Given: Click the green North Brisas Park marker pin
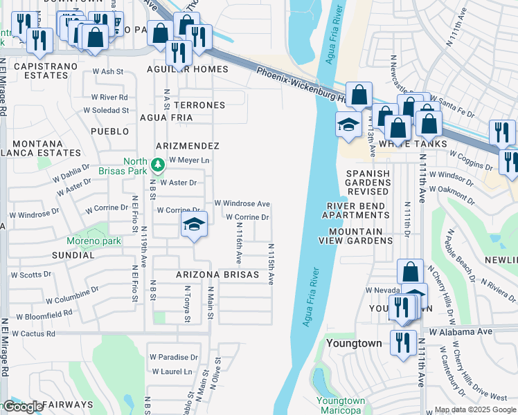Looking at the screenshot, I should click(x=159, y=164).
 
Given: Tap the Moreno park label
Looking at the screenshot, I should click(x=93, y=241).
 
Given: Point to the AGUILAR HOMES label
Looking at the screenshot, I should click(x=187, y=69).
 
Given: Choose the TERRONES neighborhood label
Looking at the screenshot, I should click(x=199, y=105).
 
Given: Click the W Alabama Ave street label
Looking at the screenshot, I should click(x=461, y=332).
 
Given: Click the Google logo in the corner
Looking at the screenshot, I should click(x=23, y=407).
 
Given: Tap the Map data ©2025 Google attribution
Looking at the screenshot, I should click(x=475, y=409).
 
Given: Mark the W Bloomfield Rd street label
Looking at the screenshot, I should click(x=44, y=315).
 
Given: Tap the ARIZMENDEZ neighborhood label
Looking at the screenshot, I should click(x=187, y=146).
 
